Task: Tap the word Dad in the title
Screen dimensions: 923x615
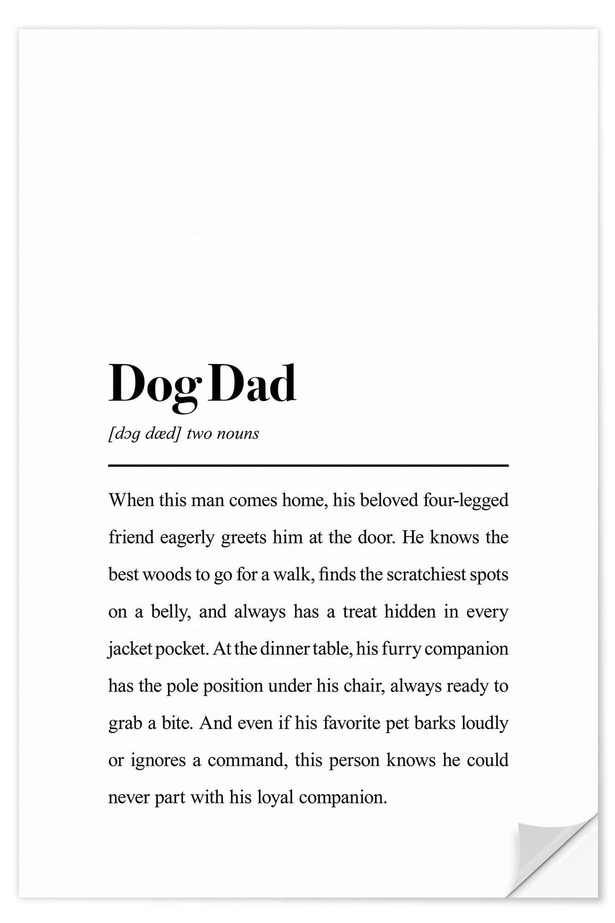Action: click(x=252, y=383)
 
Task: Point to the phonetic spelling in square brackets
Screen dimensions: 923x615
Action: click(x=144, y=434)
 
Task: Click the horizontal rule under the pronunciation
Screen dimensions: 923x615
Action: click(x=308, y=466)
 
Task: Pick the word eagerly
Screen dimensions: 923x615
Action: click(x=187, y=538)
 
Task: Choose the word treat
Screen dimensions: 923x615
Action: click(x=359, y=612)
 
